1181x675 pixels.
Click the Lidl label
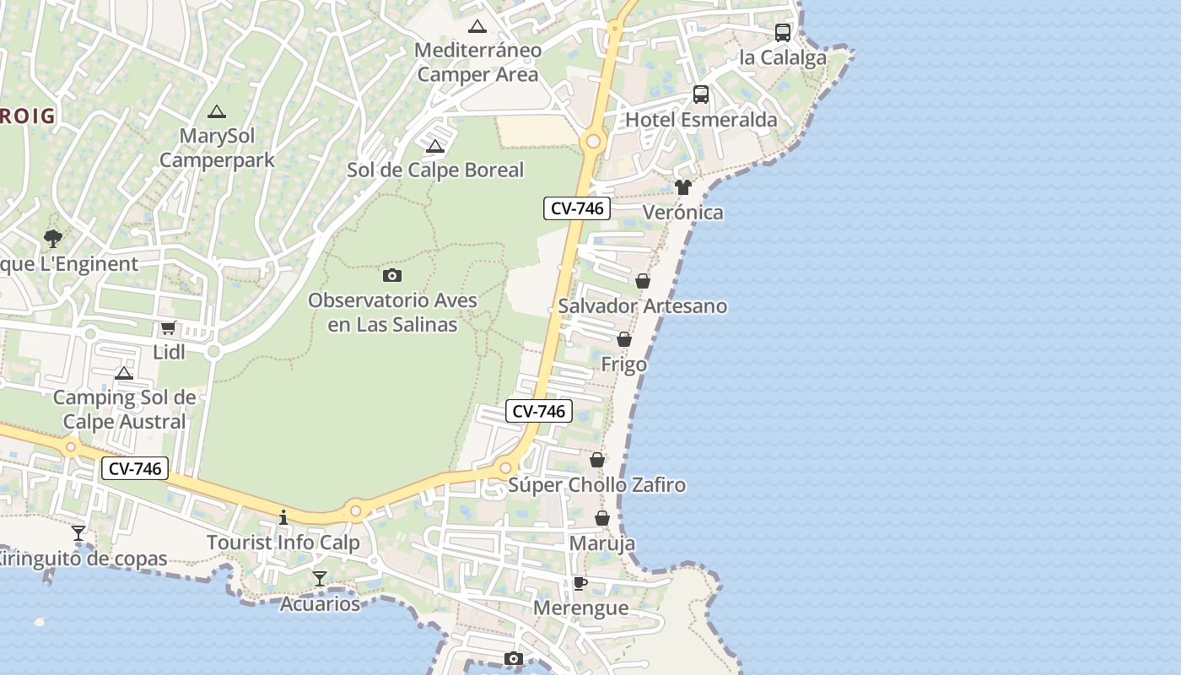[x=169, y=352]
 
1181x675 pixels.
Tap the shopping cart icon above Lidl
[x=168, y=328]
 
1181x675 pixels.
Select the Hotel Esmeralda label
[x=701, y=120]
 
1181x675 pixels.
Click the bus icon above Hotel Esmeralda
[x=701, y=94]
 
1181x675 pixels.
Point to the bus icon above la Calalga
[x=783, y=33]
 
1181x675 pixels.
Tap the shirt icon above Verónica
[x=683, y=187]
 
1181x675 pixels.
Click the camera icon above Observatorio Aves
[x=392, y=275]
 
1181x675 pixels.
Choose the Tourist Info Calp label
[x=283, y=543]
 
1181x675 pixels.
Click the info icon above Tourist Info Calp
[x=283, y=517]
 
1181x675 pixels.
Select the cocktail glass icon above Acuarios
[x=320, y=579]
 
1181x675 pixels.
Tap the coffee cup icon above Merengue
[x=580, y=583]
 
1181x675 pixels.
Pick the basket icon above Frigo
[x=624, y=339]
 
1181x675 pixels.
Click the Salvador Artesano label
[x=642, y=305]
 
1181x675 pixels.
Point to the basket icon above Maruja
[x=602, y=518]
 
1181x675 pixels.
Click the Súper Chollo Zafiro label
[x=596, y=485]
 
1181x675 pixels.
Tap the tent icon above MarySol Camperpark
[x=217, y=111]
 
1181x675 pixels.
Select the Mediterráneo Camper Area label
[x=477, y=62]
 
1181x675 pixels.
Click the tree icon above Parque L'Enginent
[x=53, y=239]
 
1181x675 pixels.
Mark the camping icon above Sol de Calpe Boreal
[x=435, y=146]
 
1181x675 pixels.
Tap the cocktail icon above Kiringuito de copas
[x=78, y=533]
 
